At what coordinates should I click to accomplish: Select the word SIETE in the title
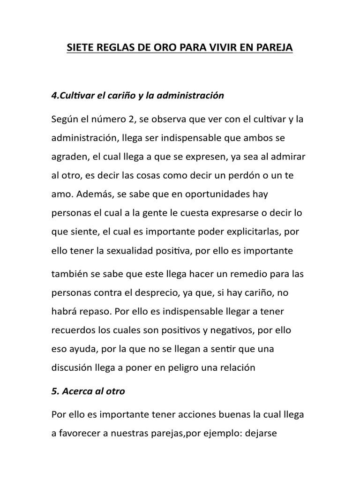tap(80, 48)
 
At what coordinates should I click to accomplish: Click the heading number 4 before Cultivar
tap(53, 96)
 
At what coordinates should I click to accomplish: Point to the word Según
tap(64, 119)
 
